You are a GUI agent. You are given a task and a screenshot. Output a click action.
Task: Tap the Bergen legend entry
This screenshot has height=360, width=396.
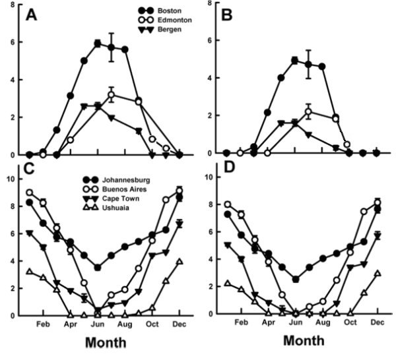[x=170, y=30]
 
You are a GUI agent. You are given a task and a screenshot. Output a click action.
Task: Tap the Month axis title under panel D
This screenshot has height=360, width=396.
[x=304, y=342]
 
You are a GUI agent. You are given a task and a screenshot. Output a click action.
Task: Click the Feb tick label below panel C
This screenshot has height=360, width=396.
[x=43, y=324]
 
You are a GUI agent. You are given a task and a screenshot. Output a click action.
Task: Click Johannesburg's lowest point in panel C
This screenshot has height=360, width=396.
[x=98, y=268]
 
